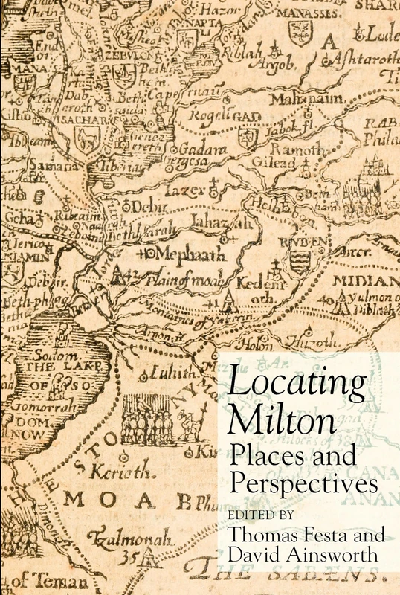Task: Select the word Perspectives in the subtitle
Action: point(297,483)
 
